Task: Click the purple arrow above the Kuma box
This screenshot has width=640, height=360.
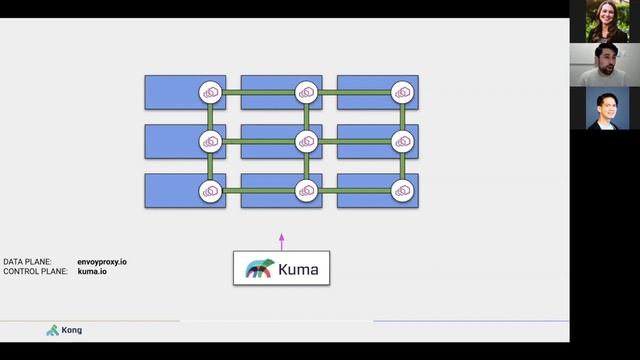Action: [x=282, y=241]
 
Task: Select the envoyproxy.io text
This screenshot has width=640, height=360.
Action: [x=102, y=262]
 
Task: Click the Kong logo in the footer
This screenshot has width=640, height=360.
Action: [x=65, y=330]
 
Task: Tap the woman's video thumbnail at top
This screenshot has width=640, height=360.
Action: [x=606, y=21]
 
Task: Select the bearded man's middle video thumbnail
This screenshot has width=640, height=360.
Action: [x=606, y=64]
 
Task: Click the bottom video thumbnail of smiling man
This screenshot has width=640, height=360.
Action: [x=606, y=108]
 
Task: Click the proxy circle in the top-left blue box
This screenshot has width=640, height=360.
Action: [x=210, y=92]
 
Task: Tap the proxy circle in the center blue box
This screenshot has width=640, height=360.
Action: [x=307, y=141]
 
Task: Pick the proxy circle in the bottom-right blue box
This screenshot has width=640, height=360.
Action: [x=403, y=190]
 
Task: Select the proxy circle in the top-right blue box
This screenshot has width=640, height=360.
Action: [x=403, y=92]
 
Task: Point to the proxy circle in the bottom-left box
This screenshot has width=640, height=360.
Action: [x=210, y=190]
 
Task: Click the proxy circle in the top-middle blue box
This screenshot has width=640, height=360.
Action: [x=307, y=92]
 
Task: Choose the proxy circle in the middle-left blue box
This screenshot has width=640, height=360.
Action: [x=210, y=141]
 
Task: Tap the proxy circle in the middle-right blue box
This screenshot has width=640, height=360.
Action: [x=403, y=141]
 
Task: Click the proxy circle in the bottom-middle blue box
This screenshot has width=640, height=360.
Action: [x=307, y=190]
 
